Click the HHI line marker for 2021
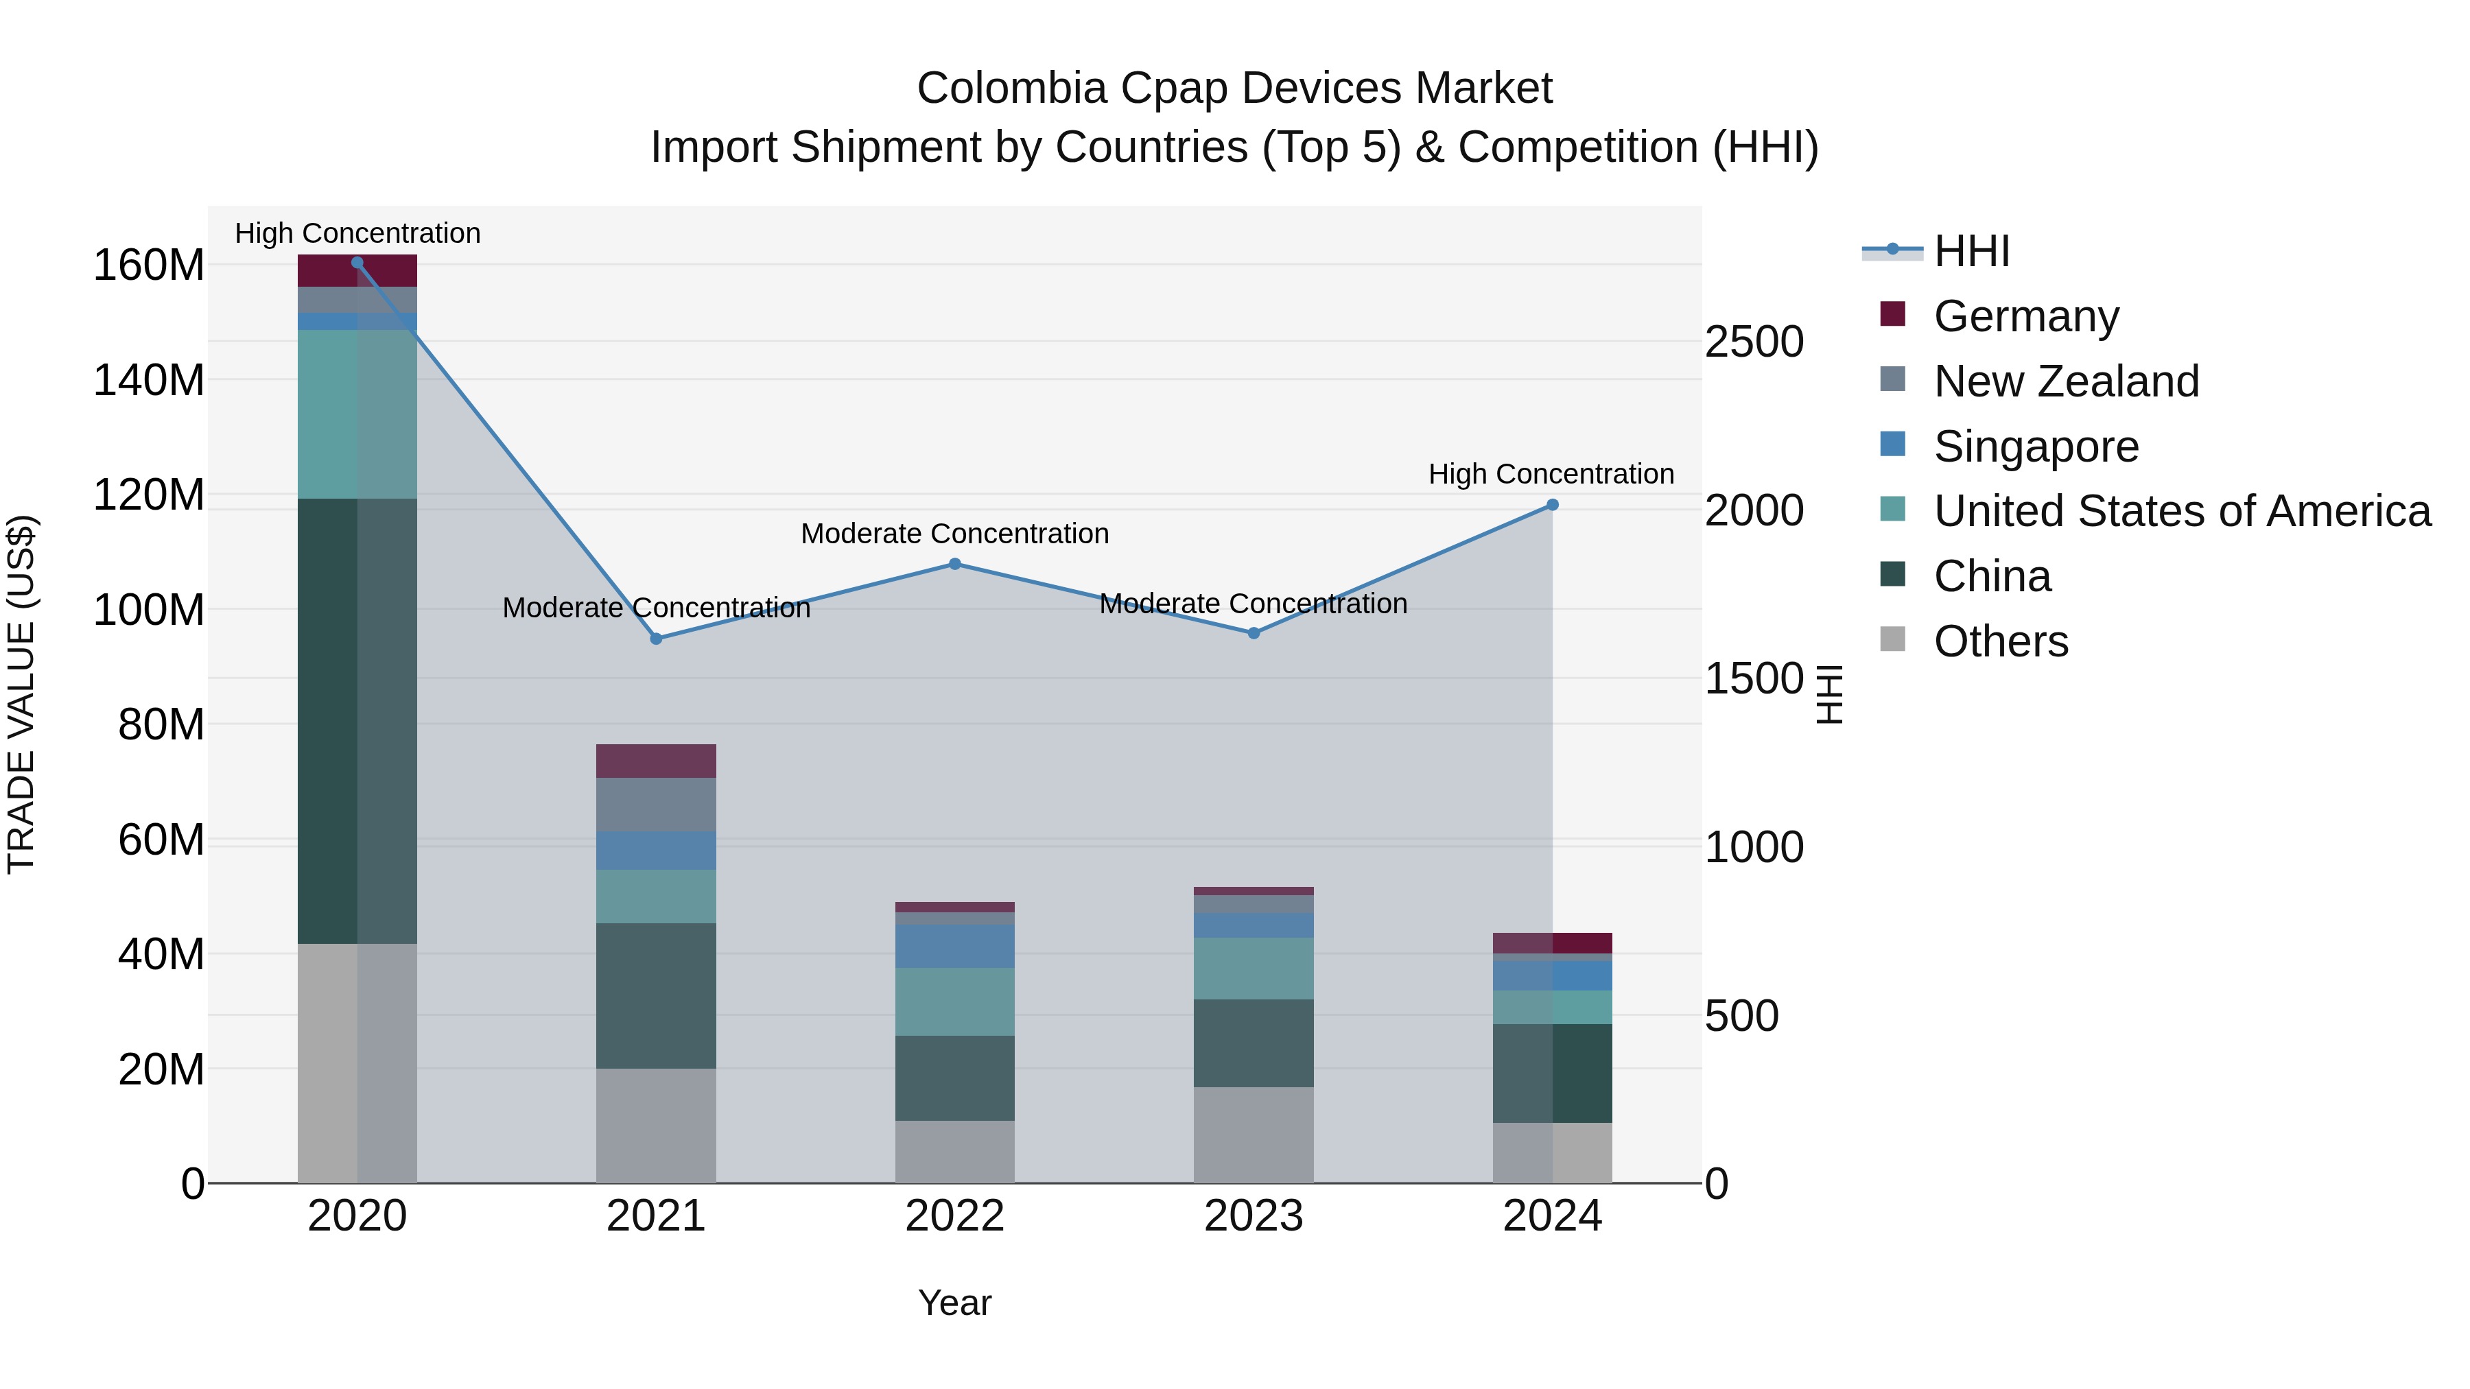[x=656, y=639]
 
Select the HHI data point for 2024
[x=1553, y=505]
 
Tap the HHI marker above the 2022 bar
[x=955, y=565]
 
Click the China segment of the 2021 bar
[x=656, y=995]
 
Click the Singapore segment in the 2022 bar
[x=955, y=946]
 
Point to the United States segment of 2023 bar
[x=1254, y=968]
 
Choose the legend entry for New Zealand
[x=2065, y=381]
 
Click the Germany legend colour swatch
[x=1893, y=314]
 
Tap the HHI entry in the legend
[x=1971, y=251]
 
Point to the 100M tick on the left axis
[x=149, y=610]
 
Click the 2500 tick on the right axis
[x=1754, y=342]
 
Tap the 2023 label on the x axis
[x=1254, y=1216]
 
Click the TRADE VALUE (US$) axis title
[x=21, y=694]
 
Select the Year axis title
[x=954, y=1303]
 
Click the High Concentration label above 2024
[x=1551, y=475]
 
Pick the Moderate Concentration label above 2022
[x=954, y=534]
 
